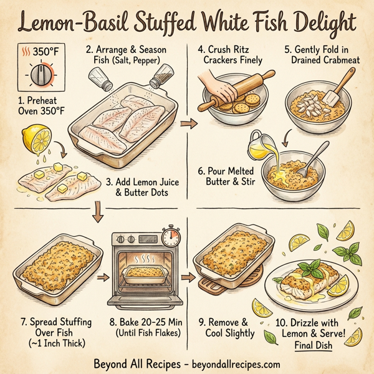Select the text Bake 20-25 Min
point(146,322)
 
